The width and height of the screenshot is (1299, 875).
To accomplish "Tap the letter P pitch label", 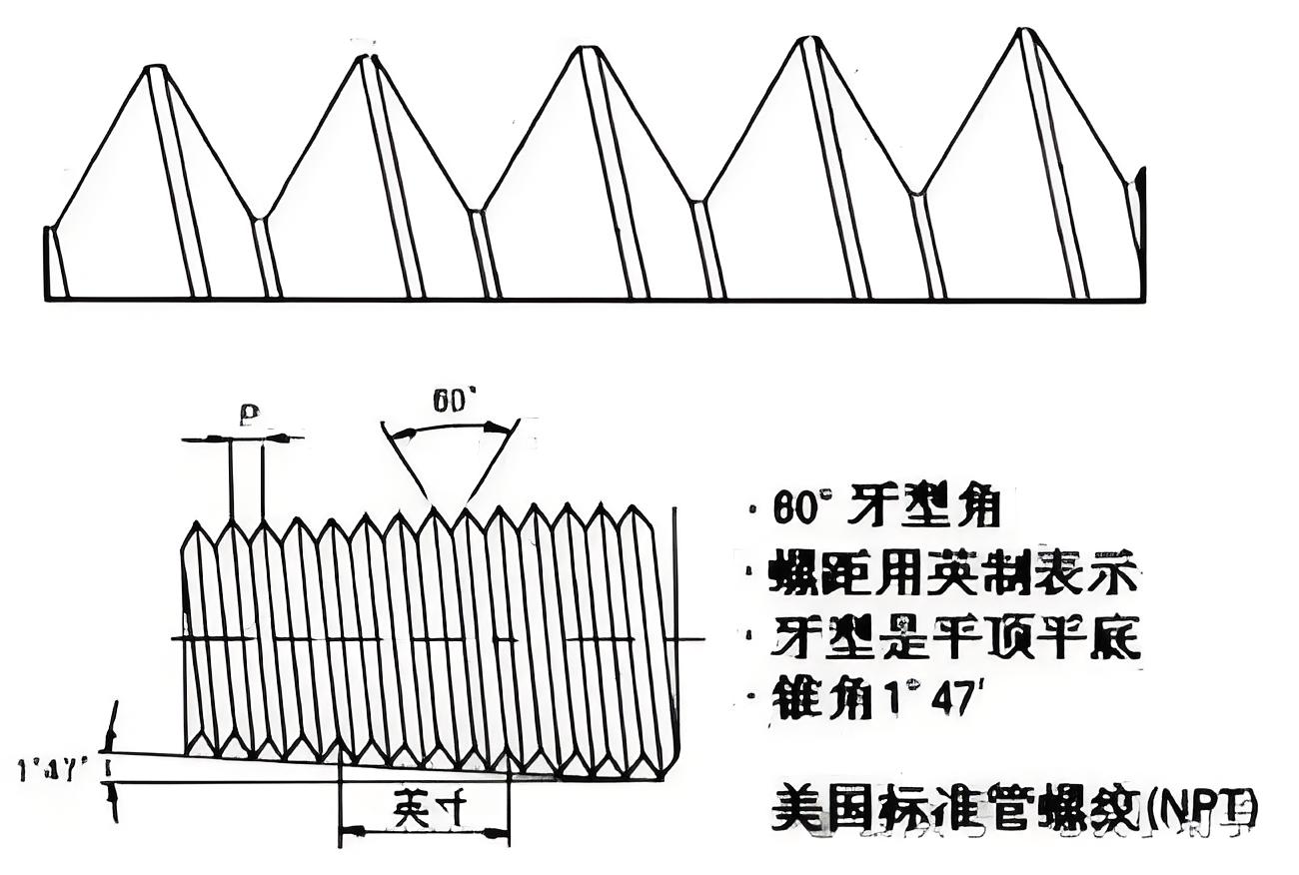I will click(x=249, y=414).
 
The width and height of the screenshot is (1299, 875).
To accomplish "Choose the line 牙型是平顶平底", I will click(x=955, y=636).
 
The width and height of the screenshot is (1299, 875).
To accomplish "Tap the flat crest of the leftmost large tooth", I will click(x=155, y=68).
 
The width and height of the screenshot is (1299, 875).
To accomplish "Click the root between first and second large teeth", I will click(x=259, y=219).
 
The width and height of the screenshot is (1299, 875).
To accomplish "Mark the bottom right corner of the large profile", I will click(x=1143, y=299).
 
